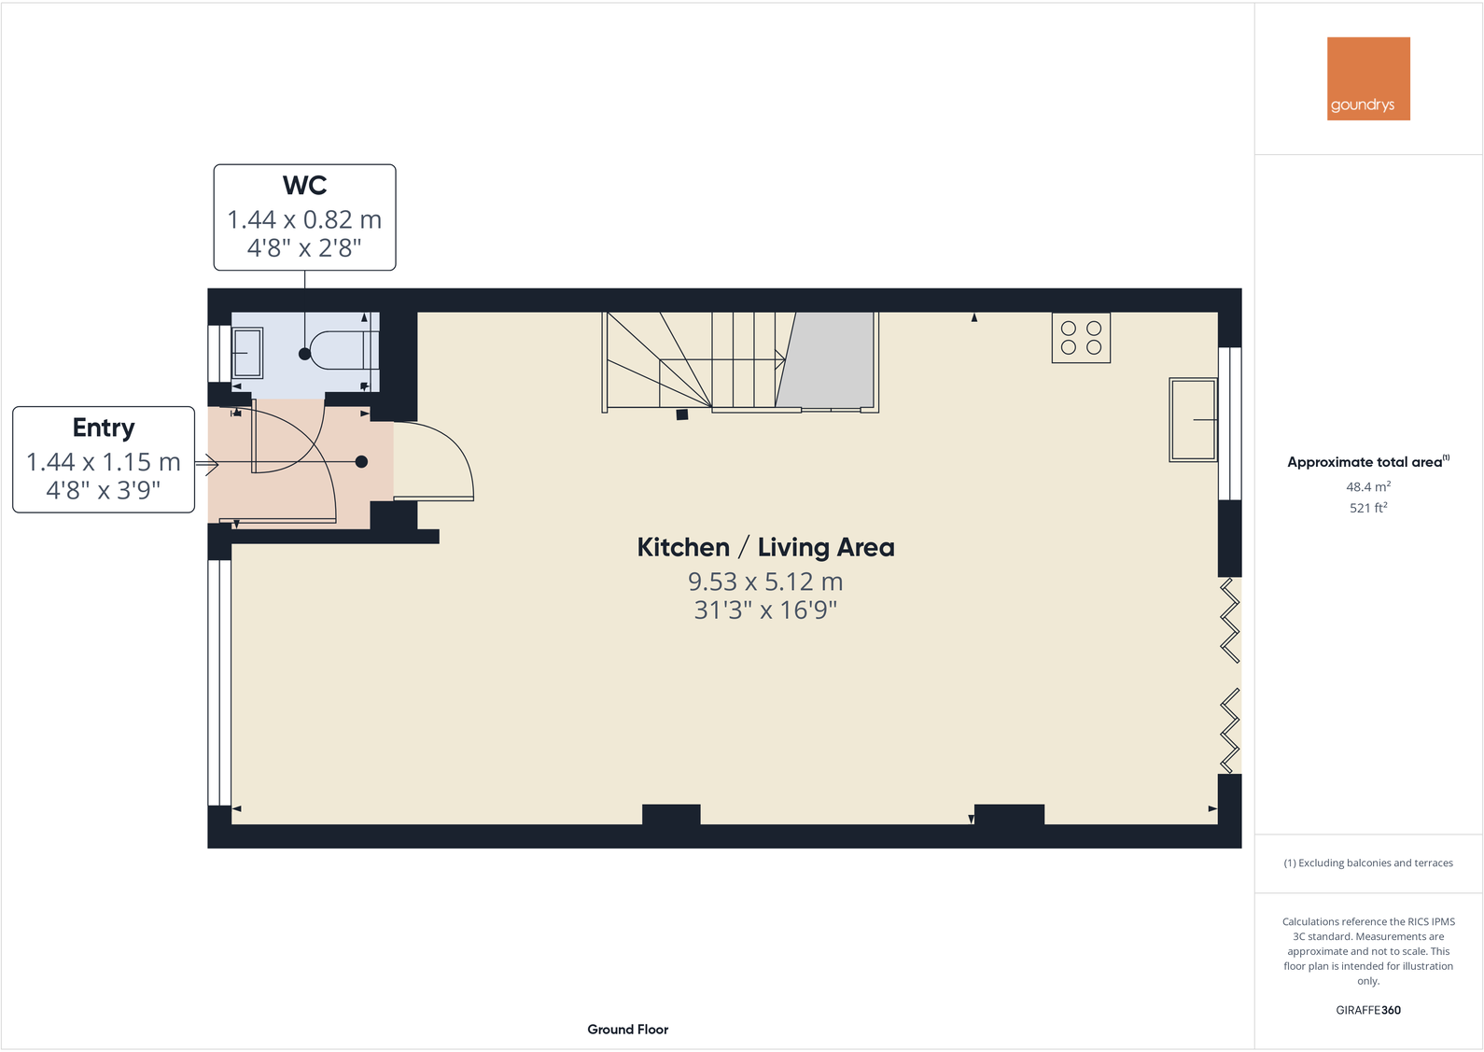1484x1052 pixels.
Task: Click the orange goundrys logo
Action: click(1367, 78)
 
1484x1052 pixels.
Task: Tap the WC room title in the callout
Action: click(304, 185)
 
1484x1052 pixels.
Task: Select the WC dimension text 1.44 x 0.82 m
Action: click(304, 219)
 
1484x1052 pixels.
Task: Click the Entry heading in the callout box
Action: click(104, 428)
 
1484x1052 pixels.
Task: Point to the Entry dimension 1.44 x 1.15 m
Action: click(104, 462)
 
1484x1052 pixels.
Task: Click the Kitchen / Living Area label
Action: click(765, 547)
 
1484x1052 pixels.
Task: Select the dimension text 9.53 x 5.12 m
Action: click(765, 582)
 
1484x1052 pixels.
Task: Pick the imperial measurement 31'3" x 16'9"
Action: click(765, 610)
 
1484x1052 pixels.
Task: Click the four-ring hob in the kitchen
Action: click(1081, 338)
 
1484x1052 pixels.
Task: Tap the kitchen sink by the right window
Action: click(1193, 419)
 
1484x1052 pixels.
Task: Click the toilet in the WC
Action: click(342, 351)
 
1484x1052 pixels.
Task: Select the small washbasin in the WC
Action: click(247, 352)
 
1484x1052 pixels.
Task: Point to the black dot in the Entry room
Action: click(361, 462)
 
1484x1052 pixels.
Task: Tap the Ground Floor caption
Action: click(627, 1030)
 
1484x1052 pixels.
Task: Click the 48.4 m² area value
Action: click(1367, 486)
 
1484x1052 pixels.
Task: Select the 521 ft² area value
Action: click(1367, 508)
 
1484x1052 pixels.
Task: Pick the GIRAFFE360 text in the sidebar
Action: click(1367, 1010)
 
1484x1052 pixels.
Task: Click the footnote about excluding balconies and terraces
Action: click(1367, 863)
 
